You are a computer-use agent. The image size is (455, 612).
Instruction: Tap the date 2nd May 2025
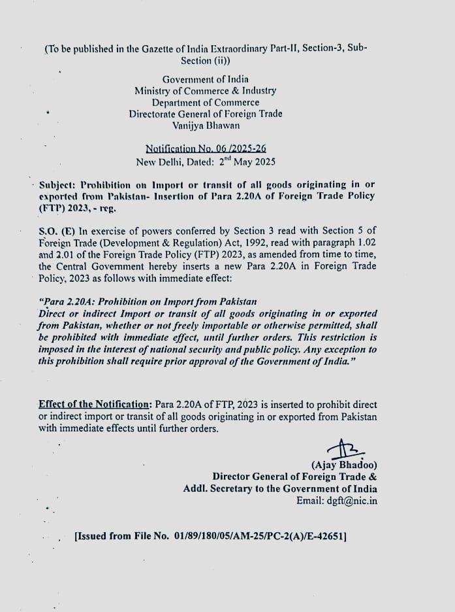(x=248, y=161)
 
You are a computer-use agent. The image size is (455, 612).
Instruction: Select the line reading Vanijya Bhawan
(x=206, y=125)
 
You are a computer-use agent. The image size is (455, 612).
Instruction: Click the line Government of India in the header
(x=206, y=79)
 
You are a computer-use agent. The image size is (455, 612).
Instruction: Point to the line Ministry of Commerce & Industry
(x=206, y=91)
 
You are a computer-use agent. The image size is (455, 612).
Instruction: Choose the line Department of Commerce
(x=206, y=102)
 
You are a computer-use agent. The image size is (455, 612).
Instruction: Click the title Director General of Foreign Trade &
(x=294, y=477)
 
